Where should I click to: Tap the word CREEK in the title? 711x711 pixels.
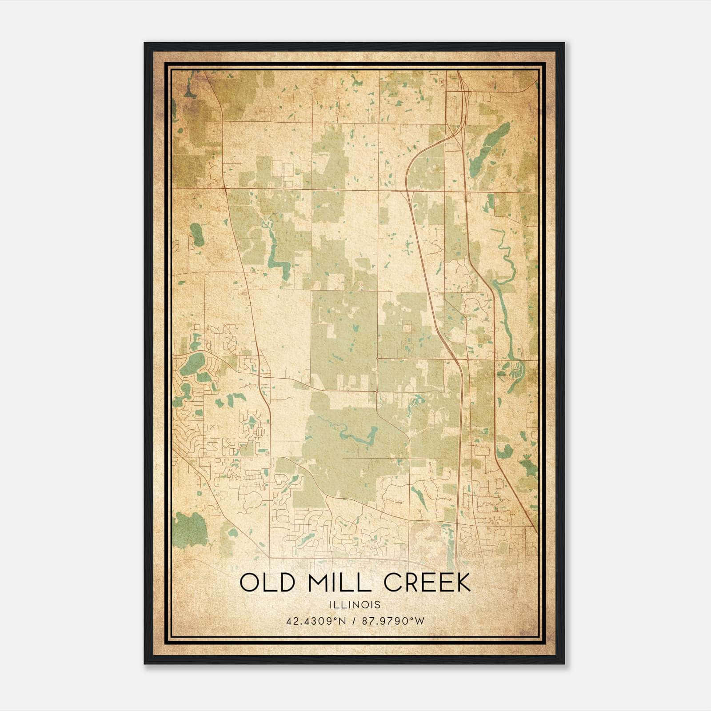point(427,583)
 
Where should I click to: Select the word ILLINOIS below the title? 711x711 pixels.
point(355,605)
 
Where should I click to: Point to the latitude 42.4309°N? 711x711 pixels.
point(316,621)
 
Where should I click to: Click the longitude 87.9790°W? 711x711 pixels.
point(393,621)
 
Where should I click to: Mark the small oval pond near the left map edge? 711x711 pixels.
point(197,235)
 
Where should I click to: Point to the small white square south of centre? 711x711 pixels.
point(406,328)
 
